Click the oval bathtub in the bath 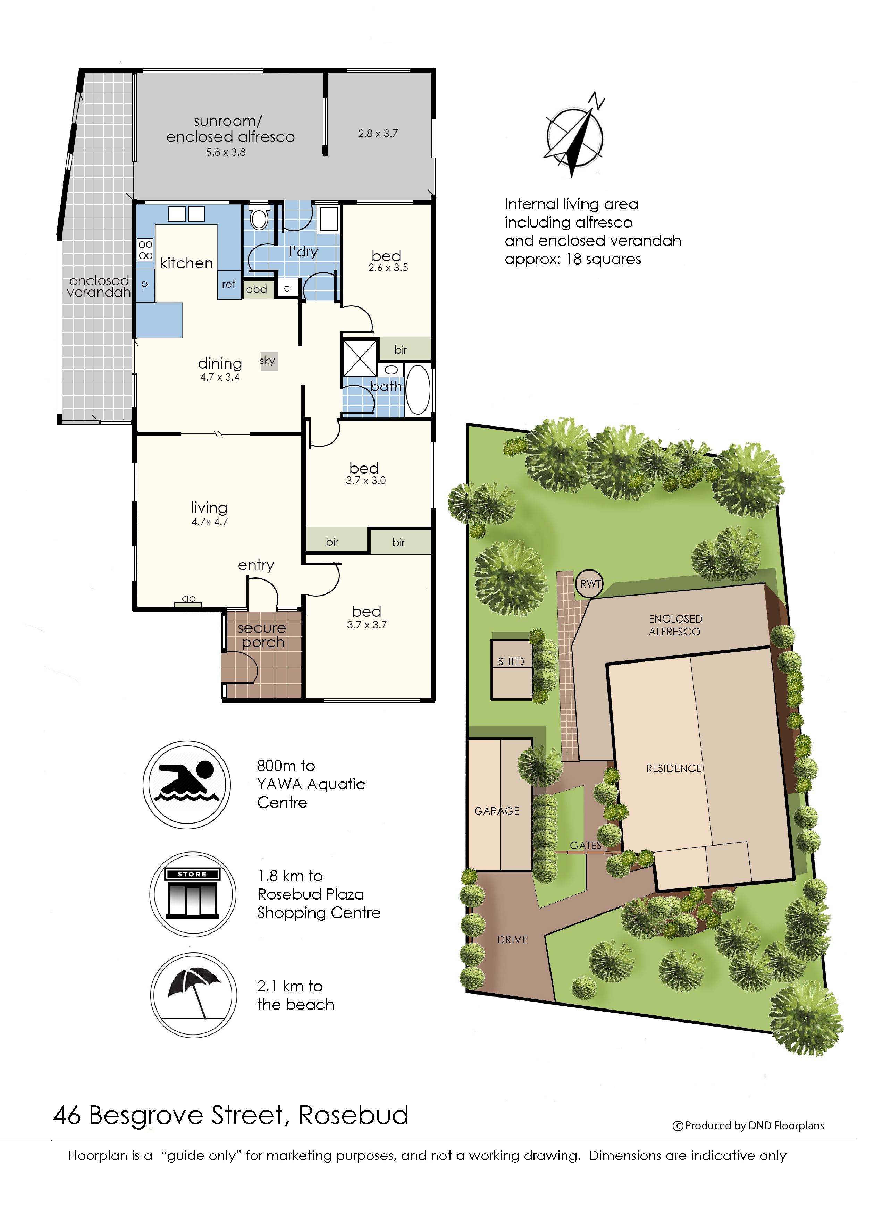pyautogui.click(x=418, y=390)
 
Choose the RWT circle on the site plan pyautogui.click(x=589, y=584)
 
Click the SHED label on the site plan pyautogui.click(x=511, y=661)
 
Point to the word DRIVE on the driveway pyautogui.click(x=513, y=940)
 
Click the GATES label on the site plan pyautogui.click(x=586, y=845)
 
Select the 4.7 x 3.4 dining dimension pyautogui.click(x=220, y=378)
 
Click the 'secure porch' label pyautogui.click(x=262, y=635)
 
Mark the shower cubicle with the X pyautogui.click(x=360, y=357)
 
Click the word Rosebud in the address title pyautogui.click(x=354, y=1115)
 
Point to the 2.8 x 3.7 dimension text pyautogui.click(x=378, y=134)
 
